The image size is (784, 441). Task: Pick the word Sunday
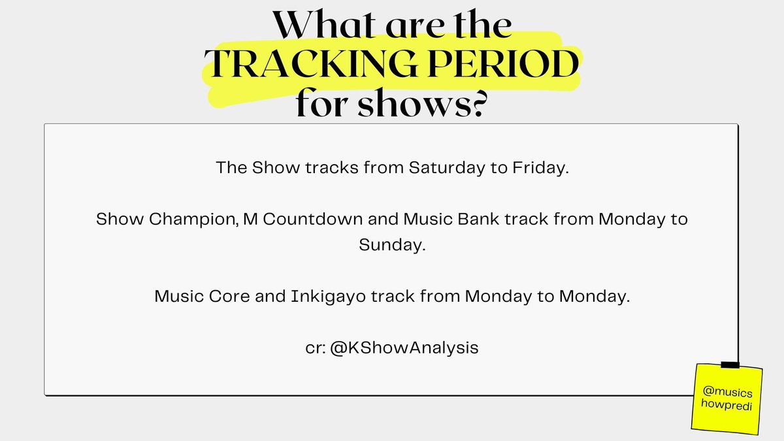pos(391,245)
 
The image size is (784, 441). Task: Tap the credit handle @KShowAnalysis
pos(410,348)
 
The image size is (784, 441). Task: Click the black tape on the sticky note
pos(729,364)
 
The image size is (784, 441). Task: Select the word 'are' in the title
pos(408,27)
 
